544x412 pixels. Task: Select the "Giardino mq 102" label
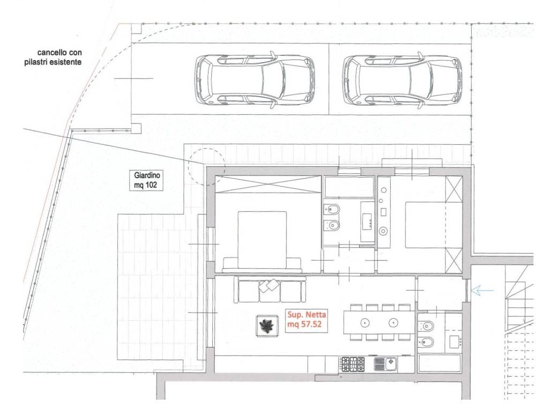[145, 180]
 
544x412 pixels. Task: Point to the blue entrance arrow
[482, 290]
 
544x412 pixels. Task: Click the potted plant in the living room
[267, 326]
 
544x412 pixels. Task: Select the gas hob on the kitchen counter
[352, 364]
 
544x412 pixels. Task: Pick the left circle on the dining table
[366, 322]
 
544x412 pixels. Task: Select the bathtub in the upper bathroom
[349, 188]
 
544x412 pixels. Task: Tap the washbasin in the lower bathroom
[454, 342]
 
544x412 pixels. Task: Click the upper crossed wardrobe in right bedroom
[454, 189]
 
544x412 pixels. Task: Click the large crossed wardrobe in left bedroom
[268, 184]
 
